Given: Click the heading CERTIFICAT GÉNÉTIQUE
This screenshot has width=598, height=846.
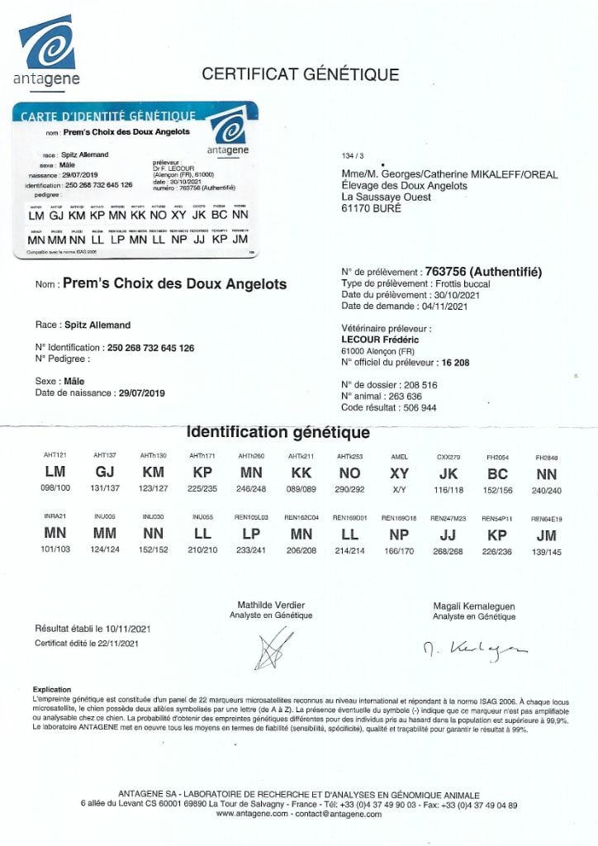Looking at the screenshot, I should tap(301, 74).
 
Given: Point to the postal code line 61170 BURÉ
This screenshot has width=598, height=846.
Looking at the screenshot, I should tap(371, 209).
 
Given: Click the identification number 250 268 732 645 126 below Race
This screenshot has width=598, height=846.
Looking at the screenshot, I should tap(149, 349).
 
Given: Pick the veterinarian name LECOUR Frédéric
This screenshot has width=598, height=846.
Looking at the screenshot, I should tap(381, 339).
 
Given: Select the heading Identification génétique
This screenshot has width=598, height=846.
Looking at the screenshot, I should tap(278, 433).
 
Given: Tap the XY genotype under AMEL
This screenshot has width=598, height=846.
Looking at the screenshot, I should tap(399, 473).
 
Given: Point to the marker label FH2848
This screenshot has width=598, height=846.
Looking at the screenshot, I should tap(547, 457).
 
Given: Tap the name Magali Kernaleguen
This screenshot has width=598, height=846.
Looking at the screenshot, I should tap(474, 606).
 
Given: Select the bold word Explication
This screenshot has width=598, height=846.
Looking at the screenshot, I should tap(52, 689).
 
